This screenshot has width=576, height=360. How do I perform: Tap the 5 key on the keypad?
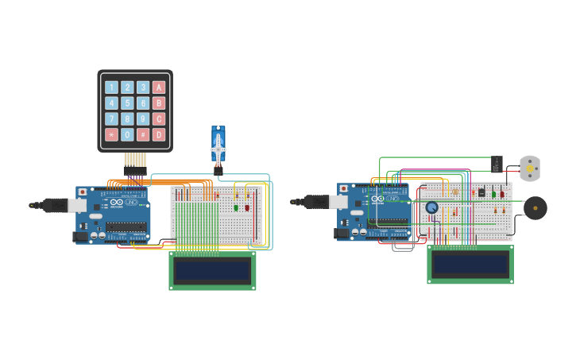[127, 103]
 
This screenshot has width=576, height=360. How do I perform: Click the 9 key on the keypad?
[143, 119]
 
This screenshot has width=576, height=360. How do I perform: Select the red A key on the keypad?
[159, 87]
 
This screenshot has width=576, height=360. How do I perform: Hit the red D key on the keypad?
[159, 135]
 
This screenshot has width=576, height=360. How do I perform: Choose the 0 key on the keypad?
[127, 135]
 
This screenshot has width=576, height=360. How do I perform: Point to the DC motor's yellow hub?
[530, 168]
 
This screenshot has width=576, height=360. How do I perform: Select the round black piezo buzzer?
[535, 208]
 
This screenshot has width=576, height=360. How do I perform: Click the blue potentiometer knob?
[431, 207]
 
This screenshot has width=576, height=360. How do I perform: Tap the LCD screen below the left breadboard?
[212, 270]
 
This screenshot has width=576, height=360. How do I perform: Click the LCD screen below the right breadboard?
[470, 264]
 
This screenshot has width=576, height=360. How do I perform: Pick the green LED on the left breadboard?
[236, 207]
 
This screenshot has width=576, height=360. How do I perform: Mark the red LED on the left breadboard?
[247, 207]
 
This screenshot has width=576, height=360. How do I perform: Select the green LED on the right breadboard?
[493, 194]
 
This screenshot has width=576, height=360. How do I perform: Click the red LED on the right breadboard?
[502, 194]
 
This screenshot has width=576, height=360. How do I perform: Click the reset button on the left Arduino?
[83, 192]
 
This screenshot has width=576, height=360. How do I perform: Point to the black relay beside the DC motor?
[497, 164]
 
